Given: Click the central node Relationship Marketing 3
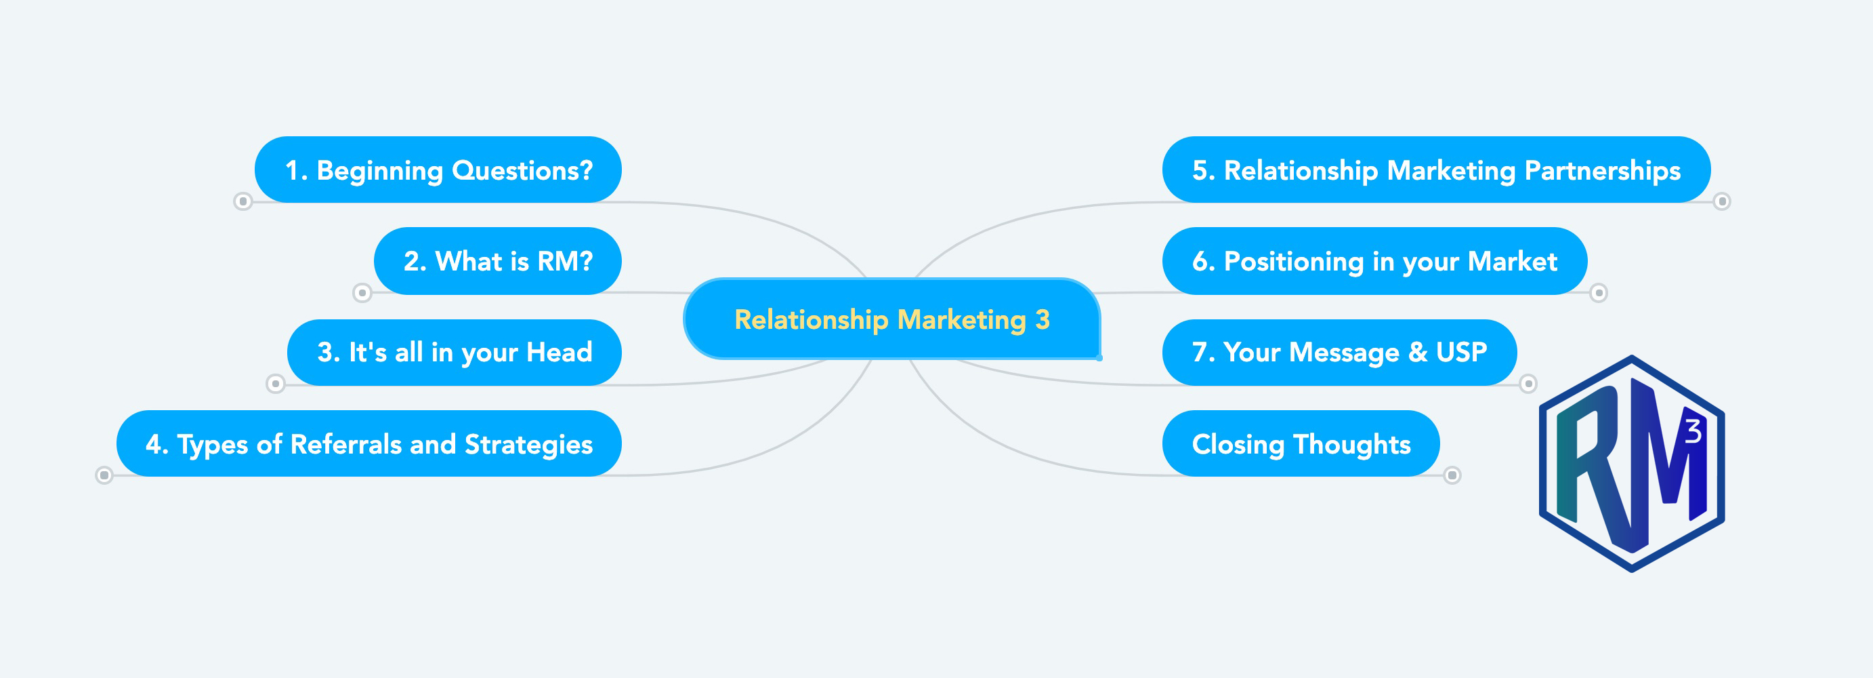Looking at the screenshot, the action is pyautogui.click(x=891, y=319).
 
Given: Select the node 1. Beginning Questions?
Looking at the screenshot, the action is pyautogui.click(x=438, y=169).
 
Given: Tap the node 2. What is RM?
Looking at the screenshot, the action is pyautogui.click(x=497, y=260).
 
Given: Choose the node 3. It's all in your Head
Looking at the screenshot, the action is pyautogui.click(x=455, y=352).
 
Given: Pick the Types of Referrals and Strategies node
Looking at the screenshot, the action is pyautogui.click(x=369, y=444).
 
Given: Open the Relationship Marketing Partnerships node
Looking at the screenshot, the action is pyautogui.click(x=1436, y=169).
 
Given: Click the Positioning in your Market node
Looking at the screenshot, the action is pyautogui.click(x=1374, y=260).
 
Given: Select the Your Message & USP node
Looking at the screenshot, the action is pyautogui.click(x=1339, y=352).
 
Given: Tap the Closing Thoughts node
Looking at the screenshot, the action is pyautogui.click(x=1301, y=444).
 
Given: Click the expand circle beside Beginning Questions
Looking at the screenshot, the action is pyautogui.click(x=243, y=201).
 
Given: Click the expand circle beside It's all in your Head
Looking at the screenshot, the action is pyautogui.click(x=276, y=383).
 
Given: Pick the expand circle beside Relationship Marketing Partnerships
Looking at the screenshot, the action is pyautogui.click(x=1722, y=201).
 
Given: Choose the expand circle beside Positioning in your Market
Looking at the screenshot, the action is pyautogui.click(x=1598, y=293).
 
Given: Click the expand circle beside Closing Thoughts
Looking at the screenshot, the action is pyautogui.click(x=1452, y=475).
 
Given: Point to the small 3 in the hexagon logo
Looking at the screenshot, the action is pyautogui.click(x=1693, y=431).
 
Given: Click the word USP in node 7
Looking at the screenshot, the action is pyautogui.click(x=1461, y=352).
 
